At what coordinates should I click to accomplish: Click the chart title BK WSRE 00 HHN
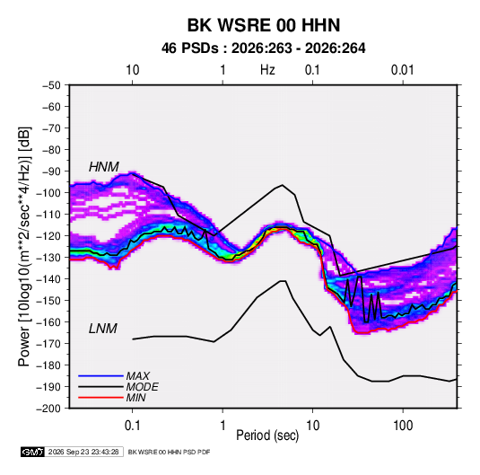[264, 25]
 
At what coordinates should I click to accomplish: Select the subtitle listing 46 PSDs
[264, 48]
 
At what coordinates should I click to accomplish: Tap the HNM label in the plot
[104, 167]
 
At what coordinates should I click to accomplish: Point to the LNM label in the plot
[103, 329]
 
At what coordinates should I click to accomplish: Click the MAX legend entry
[138, 376]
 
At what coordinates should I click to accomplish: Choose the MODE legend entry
[142, 387]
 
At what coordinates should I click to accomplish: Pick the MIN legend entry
[135, 398]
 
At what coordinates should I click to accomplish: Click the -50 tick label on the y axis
[51, 85]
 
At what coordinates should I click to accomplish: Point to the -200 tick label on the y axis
[48, 409]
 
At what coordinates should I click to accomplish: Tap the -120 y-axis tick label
[48, 236]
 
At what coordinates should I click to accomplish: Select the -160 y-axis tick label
[48, 322]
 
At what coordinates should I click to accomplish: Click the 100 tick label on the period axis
[403, 426]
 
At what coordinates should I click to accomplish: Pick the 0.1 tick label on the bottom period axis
[132, 426]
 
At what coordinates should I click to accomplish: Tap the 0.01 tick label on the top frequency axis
[402, 70]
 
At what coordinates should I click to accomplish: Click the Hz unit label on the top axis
[267, 70]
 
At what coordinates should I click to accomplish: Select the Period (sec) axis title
[267, 435]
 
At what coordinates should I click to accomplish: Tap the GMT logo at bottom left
[32, 452]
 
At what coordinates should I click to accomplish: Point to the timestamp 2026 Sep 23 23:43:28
[83, 452]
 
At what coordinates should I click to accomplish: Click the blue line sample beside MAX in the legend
[100, 376]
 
